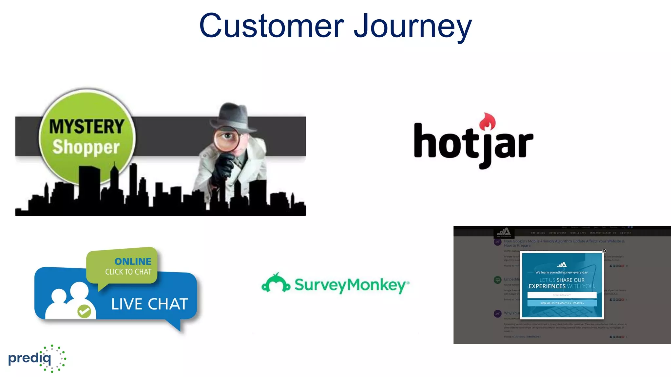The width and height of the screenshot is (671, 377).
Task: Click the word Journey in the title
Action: click(x=412, y=27)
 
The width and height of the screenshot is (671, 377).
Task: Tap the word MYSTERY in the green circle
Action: click(x=87, y=127)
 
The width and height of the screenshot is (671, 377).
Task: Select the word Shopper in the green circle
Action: click(x=86, y=147)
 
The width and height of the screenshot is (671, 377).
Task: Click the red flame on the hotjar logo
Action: click(x=487, y=122)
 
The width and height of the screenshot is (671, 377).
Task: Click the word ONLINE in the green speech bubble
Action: click(x=133, y=261)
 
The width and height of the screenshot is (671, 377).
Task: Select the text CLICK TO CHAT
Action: click(x=128, y=272)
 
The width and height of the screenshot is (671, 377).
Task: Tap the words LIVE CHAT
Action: click(x=149, y=304)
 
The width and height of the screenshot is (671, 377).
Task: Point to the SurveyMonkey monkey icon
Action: click(x=276, y=283)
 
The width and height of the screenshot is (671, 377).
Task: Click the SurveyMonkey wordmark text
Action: click(x=351, y=285)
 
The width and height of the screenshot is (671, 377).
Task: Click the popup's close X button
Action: click(x=604, y=251)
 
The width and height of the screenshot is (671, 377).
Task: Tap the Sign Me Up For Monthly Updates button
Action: click(x=562, y=303)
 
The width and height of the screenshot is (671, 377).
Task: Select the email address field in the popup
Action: click(x=562, y=295)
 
